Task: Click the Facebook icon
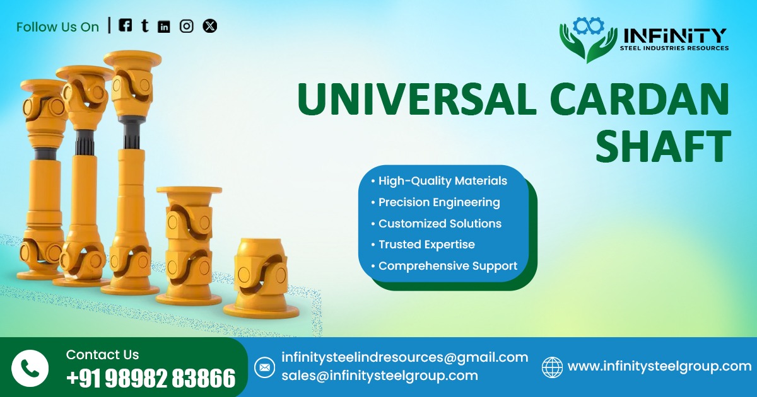tap(126, 25)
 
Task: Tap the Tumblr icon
tap(145, 26)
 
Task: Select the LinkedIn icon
tap(164, 26)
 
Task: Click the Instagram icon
tap(186, 26)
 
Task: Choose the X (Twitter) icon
tap(210, 26)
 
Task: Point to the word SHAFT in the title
tap(663, 146)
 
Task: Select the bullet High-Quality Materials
tap(442, 181)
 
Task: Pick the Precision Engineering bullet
tap(439, 202)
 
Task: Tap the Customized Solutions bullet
tap(440, 224)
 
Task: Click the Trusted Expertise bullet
tap(426, 245)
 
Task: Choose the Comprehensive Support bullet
tap(447, 266)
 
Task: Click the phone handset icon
tap(30, 368)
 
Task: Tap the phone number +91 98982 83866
tap(151, 378)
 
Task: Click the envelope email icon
tap(264, 367)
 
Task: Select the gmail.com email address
tap(404, 357)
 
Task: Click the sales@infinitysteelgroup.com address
tap(379, 376)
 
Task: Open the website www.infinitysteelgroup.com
tap(659, 366)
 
